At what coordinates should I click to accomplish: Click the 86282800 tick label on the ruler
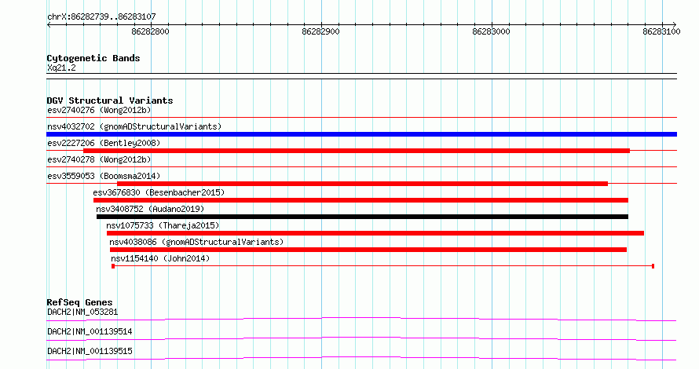point(150,31)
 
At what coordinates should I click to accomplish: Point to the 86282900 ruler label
point(320,31)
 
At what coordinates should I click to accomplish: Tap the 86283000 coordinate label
point(491,31)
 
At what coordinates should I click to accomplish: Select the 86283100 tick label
point(661,31)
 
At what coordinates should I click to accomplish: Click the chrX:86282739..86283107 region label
point(101,17)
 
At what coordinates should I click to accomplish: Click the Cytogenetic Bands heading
point(93,58)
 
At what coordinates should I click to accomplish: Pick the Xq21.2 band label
point(61,68)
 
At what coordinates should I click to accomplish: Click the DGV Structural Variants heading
point(110,100)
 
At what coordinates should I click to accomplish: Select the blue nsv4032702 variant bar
point(361,134)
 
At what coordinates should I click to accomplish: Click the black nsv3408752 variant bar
point(362,217)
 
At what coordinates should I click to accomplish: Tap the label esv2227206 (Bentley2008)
point(104,143)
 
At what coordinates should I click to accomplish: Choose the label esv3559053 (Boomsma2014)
point(104,176)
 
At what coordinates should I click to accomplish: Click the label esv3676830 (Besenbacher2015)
point(159,192)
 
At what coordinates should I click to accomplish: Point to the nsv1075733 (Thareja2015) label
point(163,225)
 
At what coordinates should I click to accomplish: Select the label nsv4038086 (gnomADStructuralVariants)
point(196,242)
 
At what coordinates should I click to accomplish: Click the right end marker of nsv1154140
point(653,266)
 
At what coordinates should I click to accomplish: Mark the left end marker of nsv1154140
point(113,266)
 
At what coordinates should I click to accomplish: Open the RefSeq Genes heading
point(79,302)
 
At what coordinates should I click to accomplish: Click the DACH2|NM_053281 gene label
point(82,312)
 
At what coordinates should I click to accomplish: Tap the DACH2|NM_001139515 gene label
point(90,351)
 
